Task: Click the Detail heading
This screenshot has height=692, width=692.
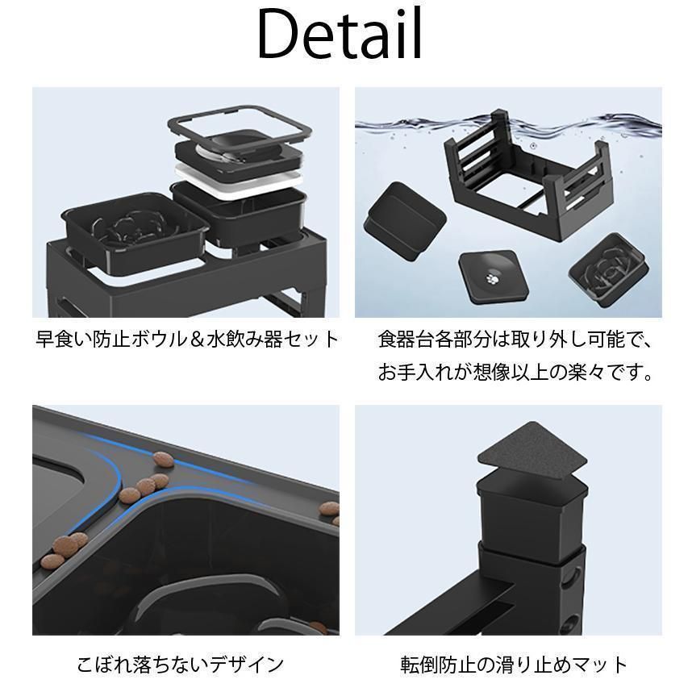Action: (x=340, y=34)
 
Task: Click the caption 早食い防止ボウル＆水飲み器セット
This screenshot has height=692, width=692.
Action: (x=187, y=340)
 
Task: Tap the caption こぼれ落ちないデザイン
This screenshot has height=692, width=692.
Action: (x=180, y=665)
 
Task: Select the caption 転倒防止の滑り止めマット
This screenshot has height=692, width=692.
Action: (x=514, y=665)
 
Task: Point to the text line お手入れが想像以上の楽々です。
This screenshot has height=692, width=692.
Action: (x=515, y=373)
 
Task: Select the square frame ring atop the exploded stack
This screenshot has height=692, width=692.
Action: (x=240, y=125)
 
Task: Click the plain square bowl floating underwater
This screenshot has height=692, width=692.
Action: (x=404, y=222)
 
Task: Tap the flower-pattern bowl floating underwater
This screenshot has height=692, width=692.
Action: (x=609, y=270)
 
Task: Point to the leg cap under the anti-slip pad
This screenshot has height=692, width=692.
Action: (x=532, y=512)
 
